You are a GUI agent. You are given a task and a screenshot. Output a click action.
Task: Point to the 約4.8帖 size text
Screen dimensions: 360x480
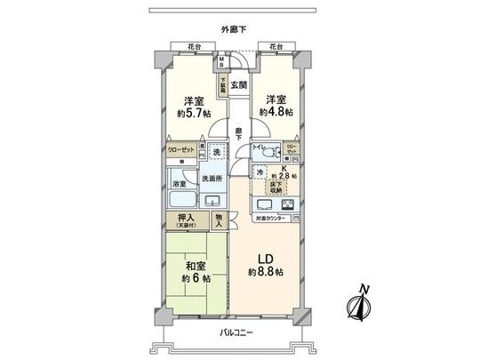[x=275, y=113]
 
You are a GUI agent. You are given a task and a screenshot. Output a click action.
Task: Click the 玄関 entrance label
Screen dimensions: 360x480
[x=237, y=84]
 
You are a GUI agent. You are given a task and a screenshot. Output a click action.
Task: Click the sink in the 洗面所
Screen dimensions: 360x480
[x=212, y=201]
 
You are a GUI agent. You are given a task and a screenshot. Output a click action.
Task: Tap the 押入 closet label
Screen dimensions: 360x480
[x=186, y=218]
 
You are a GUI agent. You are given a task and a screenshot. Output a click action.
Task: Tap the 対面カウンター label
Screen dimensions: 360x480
[x=270, y=218]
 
